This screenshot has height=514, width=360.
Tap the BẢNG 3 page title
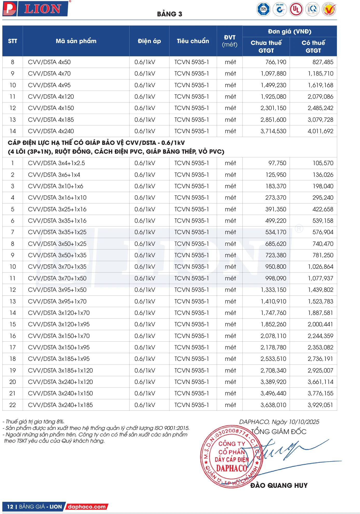click(x=169, y=14)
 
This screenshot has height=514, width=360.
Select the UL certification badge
click(x=296, y=10)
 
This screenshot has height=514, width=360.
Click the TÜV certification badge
click(x=263, y=10)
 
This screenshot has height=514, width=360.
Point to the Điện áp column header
click(x=149, y=41)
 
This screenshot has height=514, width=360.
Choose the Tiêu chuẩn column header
click(x=193, y=41)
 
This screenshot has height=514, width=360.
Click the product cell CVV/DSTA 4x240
click(x=51, y=131)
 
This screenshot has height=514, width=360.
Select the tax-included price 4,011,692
click(x=320, y=131)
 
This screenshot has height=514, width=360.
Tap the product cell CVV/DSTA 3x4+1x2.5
click(x=56, y=163)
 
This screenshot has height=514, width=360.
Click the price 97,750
click(x=277, y=163)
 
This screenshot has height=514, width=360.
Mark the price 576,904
click(x=323, y=232)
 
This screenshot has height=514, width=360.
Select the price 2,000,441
click(x=320, y=324)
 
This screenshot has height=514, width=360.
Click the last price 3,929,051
click(x=320, y=405)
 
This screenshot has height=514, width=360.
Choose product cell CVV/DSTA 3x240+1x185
click(x=60, y=405)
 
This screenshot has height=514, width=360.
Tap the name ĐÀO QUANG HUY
click(x=279, y=485)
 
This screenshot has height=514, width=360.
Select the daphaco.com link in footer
click(x=87, y=506)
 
